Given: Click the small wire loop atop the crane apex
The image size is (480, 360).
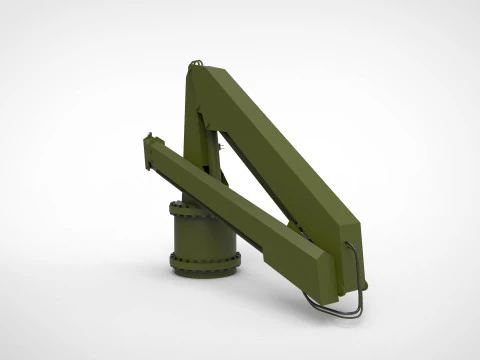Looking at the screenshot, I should tap(196, 66).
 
